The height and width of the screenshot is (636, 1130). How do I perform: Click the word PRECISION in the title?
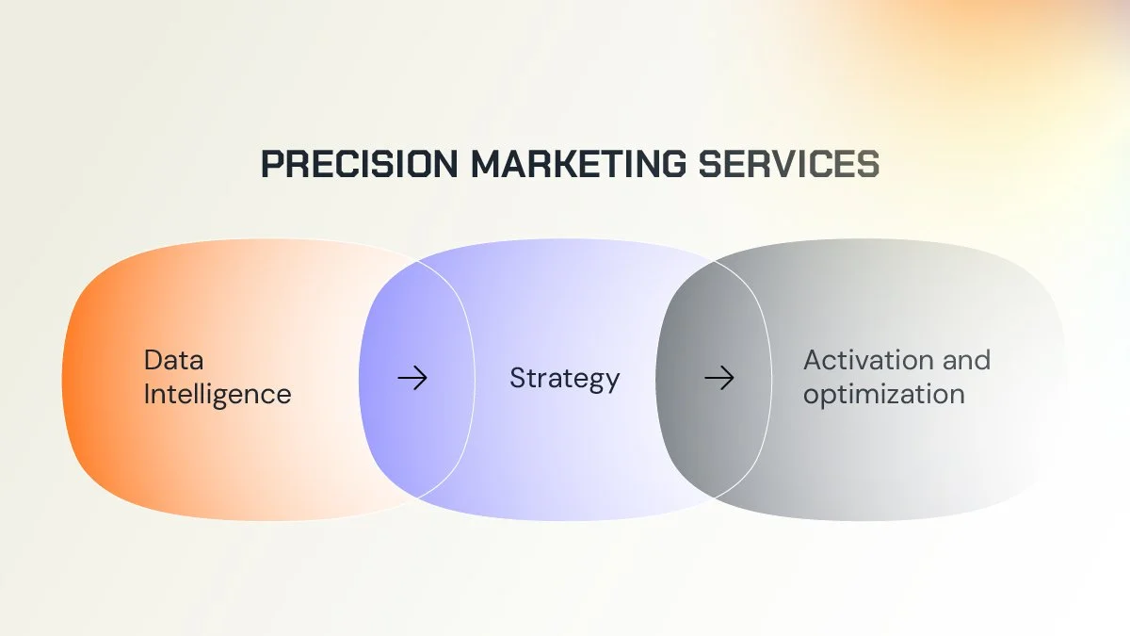click(360, 164)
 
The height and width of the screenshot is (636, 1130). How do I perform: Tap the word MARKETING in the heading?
click(579, 164)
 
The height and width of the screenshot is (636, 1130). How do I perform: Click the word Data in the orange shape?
click(173, 360)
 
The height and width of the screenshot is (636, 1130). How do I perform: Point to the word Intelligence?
click(217, 394)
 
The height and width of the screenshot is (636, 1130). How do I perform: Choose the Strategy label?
click(564, 379)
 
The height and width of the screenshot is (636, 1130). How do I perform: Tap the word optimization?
click(883, 394)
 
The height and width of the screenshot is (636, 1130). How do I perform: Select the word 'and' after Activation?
click(967, 360)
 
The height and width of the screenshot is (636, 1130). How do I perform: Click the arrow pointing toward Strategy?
click(412, 379)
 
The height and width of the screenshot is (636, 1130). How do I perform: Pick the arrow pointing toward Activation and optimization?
click(718, 379)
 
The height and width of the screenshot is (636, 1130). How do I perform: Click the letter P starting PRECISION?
click(271, 164)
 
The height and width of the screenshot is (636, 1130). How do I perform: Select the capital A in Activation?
click(813, 360)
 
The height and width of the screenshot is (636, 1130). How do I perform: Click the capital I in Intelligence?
click(147, 394)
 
